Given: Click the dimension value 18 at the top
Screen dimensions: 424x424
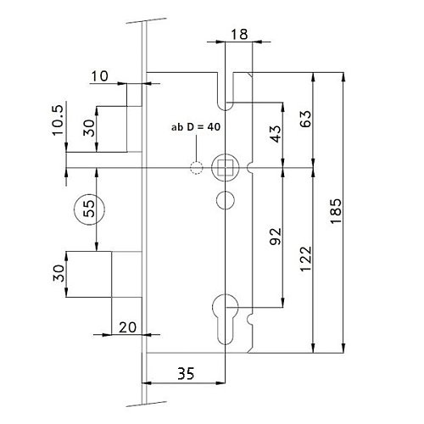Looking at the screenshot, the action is [239, 35].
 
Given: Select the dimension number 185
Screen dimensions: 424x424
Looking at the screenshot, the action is [336, 211].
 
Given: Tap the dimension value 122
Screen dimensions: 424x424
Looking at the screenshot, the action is [305, 259].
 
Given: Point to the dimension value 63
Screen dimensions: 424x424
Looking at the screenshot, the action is [305, 119].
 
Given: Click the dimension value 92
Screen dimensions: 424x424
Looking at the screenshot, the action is [276, 236].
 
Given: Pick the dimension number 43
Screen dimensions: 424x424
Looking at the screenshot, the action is [276, 133].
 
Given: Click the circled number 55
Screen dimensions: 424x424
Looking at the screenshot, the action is [89, 209].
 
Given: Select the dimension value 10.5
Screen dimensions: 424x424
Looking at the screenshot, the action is [58, 120].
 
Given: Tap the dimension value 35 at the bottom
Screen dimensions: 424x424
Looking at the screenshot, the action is [186, 373].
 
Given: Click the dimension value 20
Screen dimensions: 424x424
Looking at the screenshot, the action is [127, 327].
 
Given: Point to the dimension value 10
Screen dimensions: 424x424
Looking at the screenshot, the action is [99, 76].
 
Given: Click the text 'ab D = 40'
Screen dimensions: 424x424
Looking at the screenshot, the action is [196, 127].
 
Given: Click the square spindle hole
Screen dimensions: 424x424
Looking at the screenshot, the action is [226, 168].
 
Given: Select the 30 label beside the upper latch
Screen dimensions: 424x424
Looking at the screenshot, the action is [89, 128].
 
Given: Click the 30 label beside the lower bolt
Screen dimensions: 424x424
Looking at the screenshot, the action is [59, 273].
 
